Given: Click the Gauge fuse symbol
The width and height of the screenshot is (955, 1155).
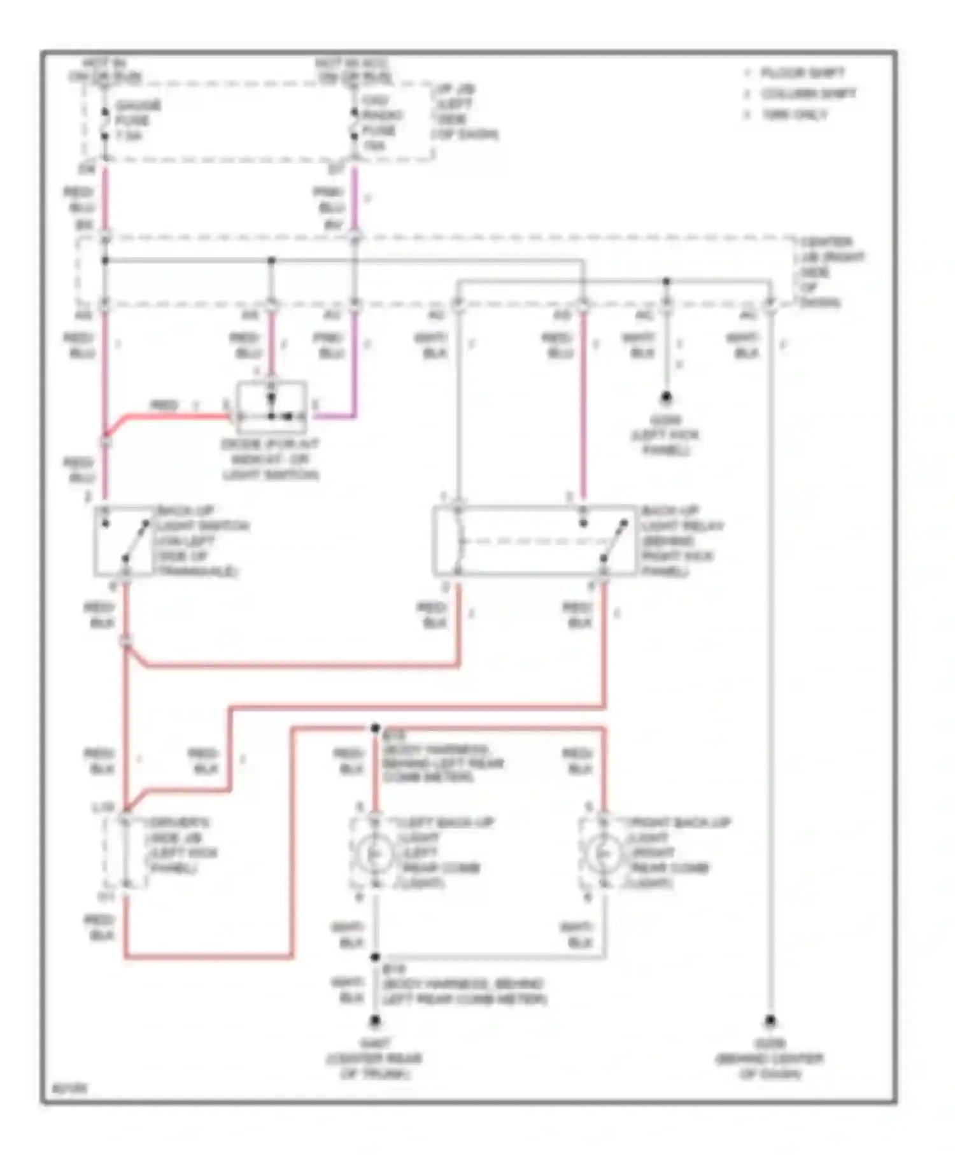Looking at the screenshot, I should [x=105, y=124].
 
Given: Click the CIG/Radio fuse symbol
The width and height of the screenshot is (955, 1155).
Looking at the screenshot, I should [x=355, y=124].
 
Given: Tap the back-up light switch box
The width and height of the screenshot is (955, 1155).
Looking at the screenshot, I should [x=125, y=541].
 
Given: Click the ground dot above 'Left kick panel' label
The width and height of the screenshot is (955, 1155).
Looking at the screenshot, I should [x=666, y=397].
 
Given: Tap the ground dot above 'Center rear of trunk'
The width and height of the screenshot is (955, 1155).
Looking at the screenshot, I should [x=375, y=1021].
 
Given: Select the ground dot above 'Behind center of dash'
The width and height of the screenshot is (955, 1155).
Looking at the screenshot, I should [x=770, y=1020].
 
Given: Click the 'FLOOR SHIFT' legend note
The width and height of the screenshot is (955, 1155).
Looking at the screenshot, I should [x=802, y=73].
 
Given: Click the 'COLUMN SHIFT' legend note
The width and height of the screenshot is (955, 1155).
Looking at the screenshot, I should [x=808, y=94].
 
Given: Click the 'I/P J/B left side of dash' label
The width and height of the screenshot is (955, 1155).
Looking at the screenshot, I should [x=465, y=111].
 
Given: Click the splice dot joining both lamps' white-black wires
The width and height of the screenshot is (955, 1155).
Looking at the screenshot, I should [x=375, y=957].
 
